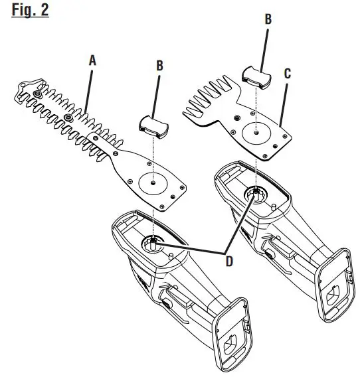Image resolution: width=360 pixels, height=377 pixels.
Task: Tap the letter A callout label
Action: [93, 60]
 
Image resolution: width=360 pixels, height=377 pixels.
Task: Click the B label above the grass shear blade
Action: [268, 20]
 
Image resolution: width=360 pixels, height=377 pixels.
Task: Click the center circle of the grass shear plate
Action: [253, 131]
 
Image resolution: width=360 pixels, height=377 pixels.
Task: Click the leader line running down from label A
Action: [89, 86]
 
